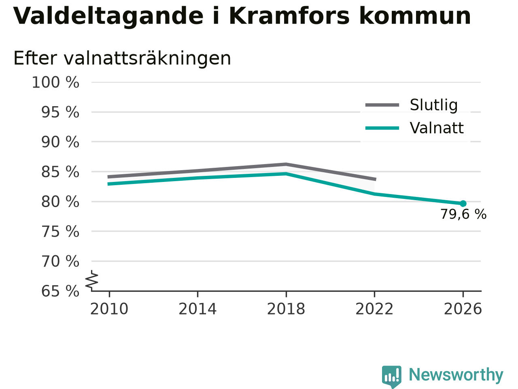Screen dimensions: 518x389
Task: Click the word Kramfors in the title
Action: (x=289, y=16)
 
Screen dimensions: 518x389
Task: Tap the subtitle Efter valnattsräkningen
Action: (x=122, y=58)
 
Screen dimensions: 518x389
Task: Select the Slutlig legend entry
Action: (x=411, y=105)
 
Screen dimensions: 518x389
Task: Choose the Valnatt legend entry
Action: (x=414, y=128)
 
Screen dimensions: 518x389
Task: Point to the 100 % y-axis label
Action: (x=55, y=82)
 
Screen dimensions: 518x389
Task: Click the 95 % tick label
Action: (x=60, y=112)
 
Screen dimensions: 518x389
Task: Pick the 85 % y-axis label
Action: (x=60, y=172)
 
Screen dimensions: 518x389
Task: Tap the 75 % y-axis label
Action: (x=60, y=231)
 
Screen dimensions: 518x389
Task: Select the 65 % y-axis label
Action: (x=60, y=291)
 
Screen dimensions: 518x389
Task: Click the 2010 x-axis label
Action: (x=109, y=309)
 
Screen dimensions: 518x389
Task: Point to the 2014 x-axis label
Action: (x=197, y=309)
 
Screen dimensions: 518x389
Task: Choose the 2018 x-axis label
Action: (x=286, y=309)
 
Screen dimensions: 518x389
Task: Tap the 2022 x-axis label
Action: (x=374, y=309)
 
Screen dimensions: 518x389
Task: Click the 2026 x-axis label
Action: (x=463, y=309)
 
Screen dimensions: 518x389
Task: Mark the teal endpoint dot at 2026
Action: (x=463, y=203)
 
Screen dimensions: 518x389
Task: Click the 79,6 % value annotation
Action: (x=463, y=214)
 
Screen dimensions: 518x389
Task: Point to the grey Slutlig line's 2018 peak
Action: (x=286, y=164)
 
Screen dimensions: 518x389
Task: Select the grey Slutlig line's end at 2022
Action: (x=375, y=179)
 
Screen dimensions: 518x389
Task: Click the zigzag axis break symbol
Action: (x=91, y=280)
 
